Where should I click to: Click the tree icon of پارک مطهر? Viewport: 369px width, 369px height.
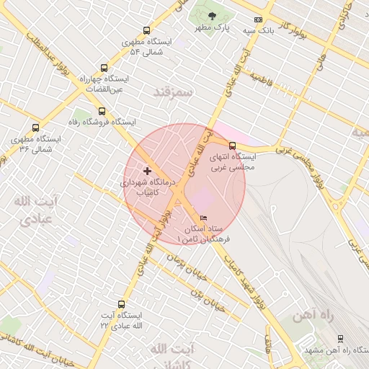tap(211, 16)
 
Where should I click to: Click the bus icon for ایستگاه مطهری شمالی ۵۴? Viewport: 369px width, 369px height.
tap(147, 30)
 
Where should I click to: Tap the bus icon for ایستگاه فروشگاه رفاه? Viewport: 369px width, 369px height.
tap(101, 112)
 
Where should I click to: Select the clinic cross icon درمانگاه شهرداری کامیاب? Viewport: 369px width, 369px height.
tap(148, 172)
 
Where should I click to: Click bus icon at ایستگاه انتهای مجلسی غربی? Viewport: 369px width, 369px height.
tap(231, 145)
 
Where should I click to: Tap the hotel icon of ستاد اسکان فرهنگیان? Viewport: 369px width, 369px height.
tap(204, 218)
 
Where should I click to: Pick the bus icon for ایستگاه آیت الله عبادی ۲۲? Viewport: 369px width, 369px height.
tap(120, 304)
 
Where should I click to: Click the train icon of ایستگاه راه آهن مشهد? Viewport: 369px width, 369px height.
tap(340, 338)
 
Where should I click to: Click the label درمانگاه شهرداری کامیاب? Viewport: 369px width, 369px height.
tap(148, 188)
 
